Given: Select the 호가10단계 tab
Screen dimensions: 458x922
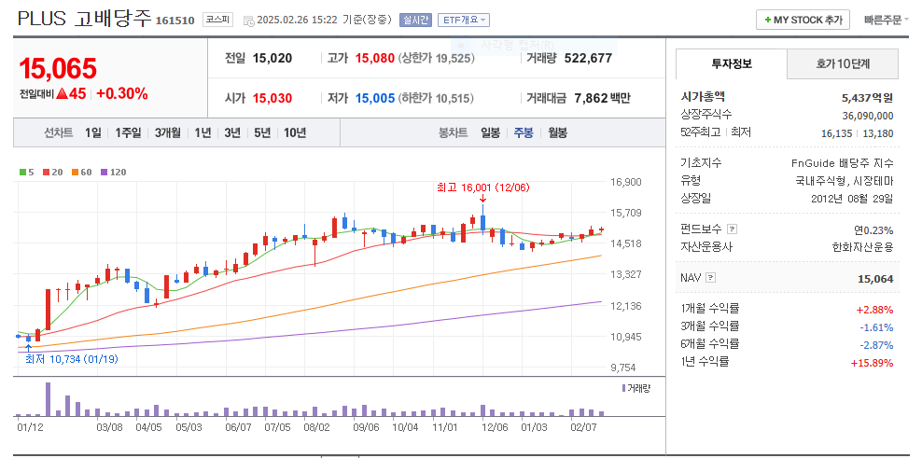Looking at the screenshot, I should pos(843,63).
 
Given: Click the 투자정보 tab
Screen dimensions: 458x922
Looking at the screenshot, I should pos(731,63).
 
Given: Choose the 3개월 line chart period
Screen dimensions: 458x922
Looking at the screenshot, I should pos(169,132).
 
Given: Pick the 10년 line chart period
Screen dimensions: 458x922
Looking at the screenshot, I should pos(295,132).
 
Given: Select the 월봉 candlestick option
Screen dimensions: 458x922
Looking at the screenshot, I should pos(557,132).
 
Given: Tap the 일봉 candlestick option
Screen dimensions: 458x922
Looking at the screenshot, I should pos(490,132).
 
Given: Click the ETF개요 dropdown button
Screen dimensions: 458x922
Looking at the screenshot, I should pos(464,20).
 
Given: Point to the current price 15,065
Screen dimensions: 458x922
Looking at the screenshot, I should pos(58,68).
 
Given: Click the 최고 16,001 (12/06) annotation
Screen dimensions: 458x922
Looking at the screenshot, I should pos(482,187).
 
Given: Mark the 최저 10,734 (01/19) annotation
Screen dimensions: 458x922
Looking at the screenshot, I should pos(71,358).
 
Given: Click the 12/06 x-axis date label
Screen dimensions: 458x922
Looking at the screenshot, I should pos(495,427).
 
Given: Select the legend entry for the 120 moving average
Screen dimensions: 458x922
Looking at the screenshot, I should pos(113,172).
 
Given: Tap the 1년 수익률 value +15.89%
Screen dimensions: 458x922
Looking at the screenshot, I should pos(872,362).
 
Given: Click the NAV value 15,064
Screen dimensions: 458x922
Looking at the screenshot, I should pos(875,278).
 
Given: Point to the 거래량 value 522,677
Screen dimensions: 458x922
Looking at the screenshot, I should pos(594,58).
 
